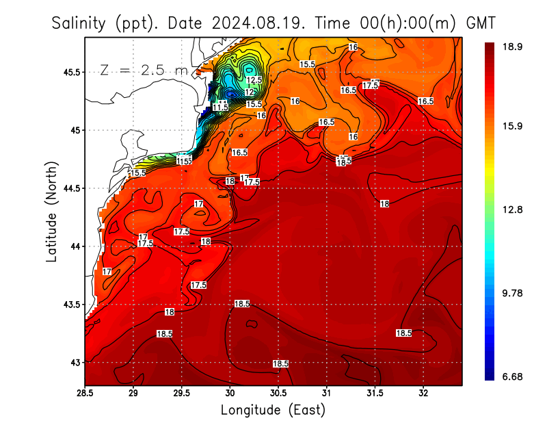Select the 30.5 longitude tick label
[278, 394]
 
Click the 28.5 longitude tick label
[85, 394]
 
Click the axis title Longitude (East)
[273, 410]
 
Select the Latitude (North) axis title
[51, 211]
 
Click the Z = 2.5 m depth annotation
[144, 70]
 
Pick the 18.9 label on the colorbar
[513, 47]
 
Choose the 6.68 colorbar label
[513, 377]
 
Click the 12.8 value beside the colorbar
[513, 210]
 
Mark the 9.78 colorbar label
[513, 293]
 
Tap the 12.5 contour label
[254, 80]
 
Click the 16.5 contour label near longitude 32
[425, 101]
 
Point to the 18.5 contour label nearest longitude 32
[403, 333]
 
